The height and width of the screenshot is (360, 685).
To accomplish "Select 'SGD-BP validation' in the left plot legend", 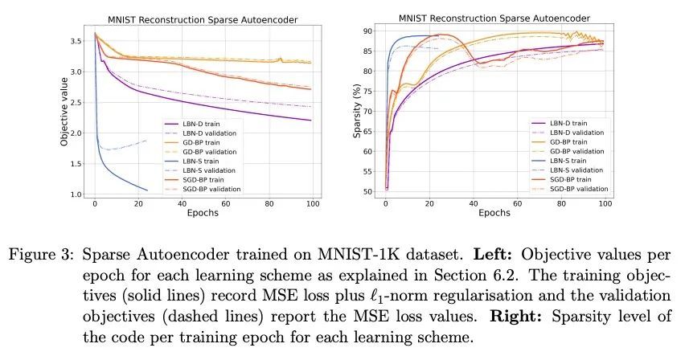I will coord(210,189).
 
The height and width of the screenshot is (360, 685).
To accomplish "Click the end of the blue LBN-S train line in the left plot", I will coord(147,190).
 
